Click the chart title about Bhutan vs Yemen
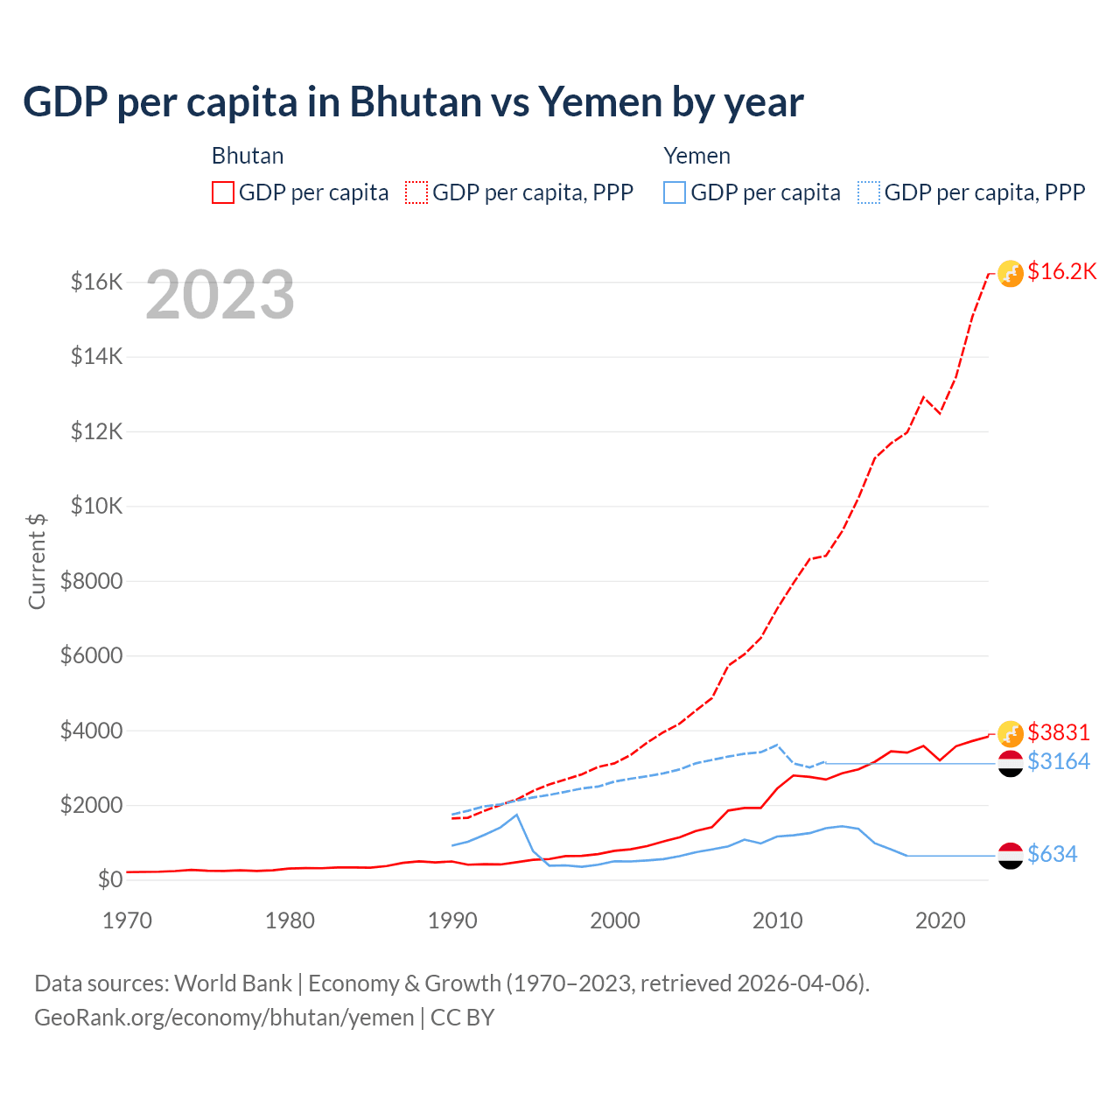[413, 102]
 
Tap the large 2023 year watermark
[220, 295]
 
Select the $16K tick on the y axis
[96, 282]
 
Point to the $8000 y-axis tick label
[91, 581]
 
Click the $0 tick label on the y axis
[109, 879]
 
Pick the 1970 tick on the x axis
[128, 920]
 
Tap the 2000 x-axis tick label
[615, 920]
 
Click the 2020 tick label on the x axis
[941, 920]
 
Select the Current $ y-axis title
[37, 561]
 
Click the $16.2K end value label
[1061, 271]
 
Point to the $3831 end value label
[1059, 731]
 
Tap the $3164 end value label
[1059, 761]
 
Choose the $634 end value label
[1053, 854]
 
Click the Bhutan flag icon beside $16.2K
[1011, 274]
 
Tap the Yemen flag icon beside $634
[1011, 856]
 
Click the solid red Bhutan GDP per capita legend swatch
[223, 192]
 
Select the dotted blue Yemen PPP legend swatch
[869, 192]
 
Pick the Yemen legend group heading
[696, 156]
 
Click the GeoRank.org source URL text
[224, 1018]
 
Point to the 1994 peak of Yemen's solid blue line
[517, 815]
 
